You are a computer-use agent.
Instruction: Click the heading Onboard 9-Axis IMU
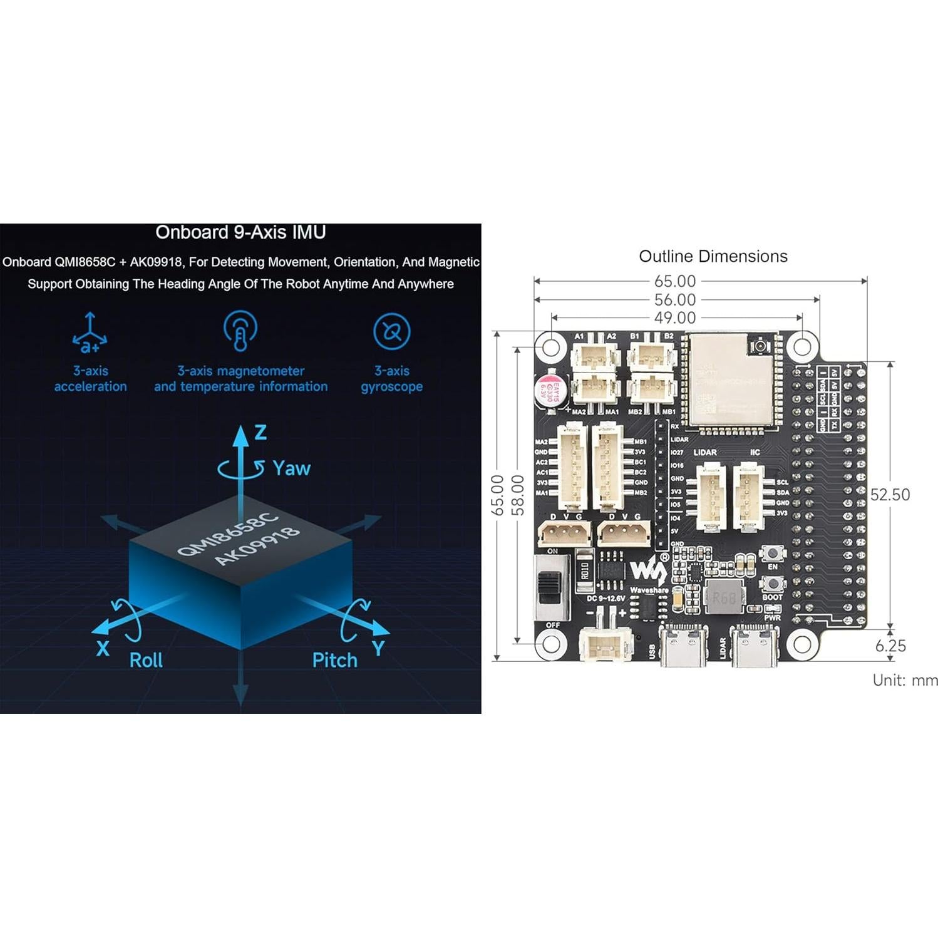[x=240, y=233]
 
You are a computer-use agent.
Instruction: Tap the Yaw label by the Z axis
[x=291, y=468]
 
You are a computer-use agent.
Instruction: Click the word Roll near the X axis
[x=145, y=660]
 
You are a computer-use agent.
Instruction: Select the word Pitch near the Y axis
[x=334, y=660]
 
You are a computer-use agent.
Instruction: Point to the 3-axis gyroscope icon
[x=391, y=331]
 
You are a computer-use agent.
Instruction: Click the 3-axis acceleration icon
[x=90, y=332]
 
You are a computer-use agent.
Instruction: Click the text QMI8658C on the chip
[x=227, y=533]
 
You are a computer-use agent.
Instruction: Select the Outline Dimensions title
[x=713, y=256]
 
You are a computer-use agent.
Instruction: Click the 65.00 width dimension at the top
[x=675, y=281]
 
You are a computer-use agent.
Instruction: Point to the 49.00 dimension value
[x=675, y=317]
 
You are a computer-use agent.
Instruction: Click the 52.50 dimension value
[x=889, y=495]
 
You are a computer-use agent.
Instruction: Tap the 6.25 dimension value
[x=890, y=646]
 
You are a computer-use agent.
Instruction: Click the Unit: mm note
[x=905, y=680]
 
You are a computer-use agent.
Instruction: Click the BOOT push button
[x=772, y=583]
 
